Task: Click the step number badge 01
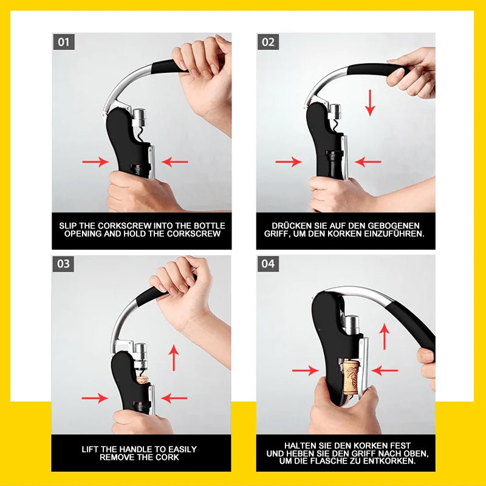(64, 42)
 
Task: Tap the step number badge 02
(268, 42)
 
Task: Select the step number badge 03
(63, 264)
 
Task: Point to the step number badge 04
(268, 264)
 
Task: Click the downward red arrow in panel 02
(370, 103)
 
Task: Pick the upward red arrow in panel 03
(174, 358)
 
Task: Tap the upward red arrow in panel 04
(385, 337)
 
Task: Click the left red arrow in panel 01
(95, 162)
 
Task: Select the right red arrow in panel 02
(368, 162)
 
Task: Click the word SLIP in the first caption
(68, 225)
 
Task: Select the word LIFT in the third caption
(89, 450)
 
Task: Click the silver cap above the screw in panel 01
(139, 117)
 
